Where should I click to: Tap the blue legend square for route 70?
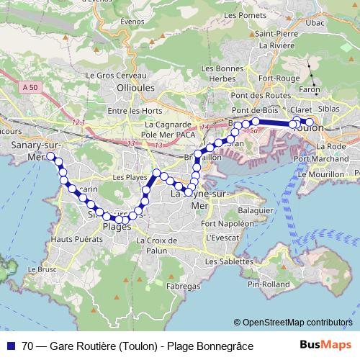(11, 346)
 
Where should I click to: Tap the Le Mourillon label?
(329, 174)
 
